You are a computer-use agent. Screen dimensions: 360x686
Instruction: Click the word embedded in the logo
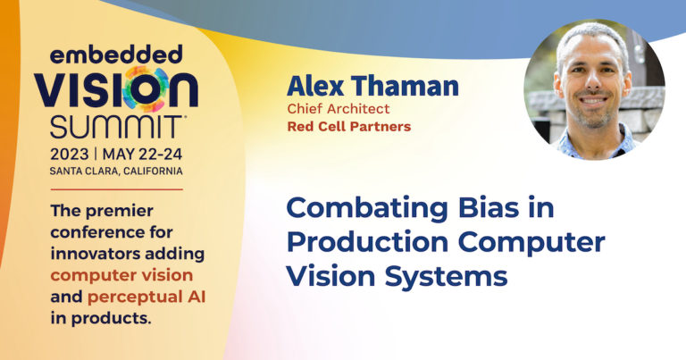118,55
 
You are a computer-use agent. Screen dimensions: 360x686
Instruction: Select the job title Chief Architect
330,108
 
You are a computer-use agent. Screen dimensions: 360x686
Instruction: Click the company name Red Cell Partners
349,126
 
